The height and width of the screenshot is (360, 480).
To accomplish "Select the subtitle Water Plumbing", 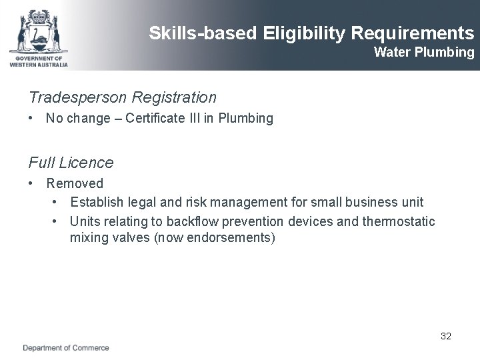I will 424,51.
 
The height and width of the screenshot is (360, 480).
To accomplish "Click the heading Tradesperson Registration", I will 123,97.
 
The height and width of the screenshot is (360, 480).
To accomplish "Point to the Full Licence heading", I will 71,162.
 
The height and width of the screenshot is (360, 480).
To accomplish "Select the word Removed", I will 75,183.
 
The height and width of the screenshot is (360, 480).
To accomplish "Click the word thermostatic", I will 398,221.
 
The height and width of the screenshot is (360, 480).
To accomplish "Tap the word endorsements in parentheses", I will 232,237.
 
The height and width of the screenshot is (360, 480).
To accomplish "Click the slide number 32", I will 446,336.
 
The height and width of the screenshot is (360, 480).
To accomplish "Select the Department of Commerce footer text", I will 66,348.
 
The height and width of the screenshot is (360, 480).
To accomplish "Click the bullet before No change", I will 32,119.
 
